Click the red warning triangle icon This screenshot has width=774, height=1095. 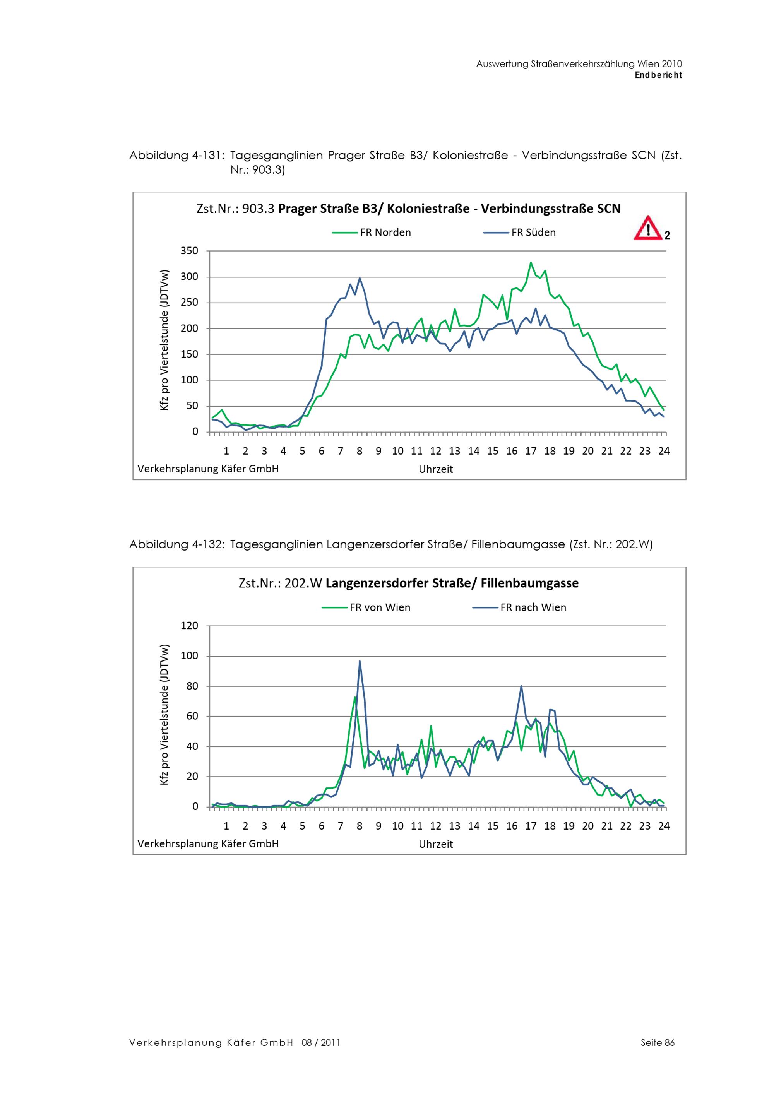[647, 228]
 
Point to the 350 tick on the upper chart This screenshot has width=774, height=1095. [189, 251]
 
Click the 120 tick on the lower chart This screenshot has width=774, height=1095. [189, 626]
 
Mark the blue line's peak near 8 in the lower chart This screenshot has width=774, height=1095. [360, 661]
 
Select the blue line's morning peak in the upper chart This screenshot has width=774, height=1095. [360, 278]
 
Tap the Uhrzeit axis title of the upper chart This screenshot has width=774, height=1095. [435, 469]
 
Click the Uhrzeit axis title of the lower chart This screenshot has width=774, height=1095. [435, 844]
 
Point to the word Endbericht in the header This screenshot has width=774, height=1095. [658, 75]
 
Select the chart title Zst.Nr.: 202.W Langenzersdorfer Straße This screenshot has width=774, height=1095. [408, 583]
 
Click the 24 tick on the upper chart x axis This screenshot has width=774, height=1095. [663, 451]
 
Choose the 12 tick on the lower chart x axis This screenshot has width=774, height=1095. [435, 826]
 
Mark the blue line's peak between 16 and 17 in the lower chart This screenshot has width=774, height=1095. [521, 686]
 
